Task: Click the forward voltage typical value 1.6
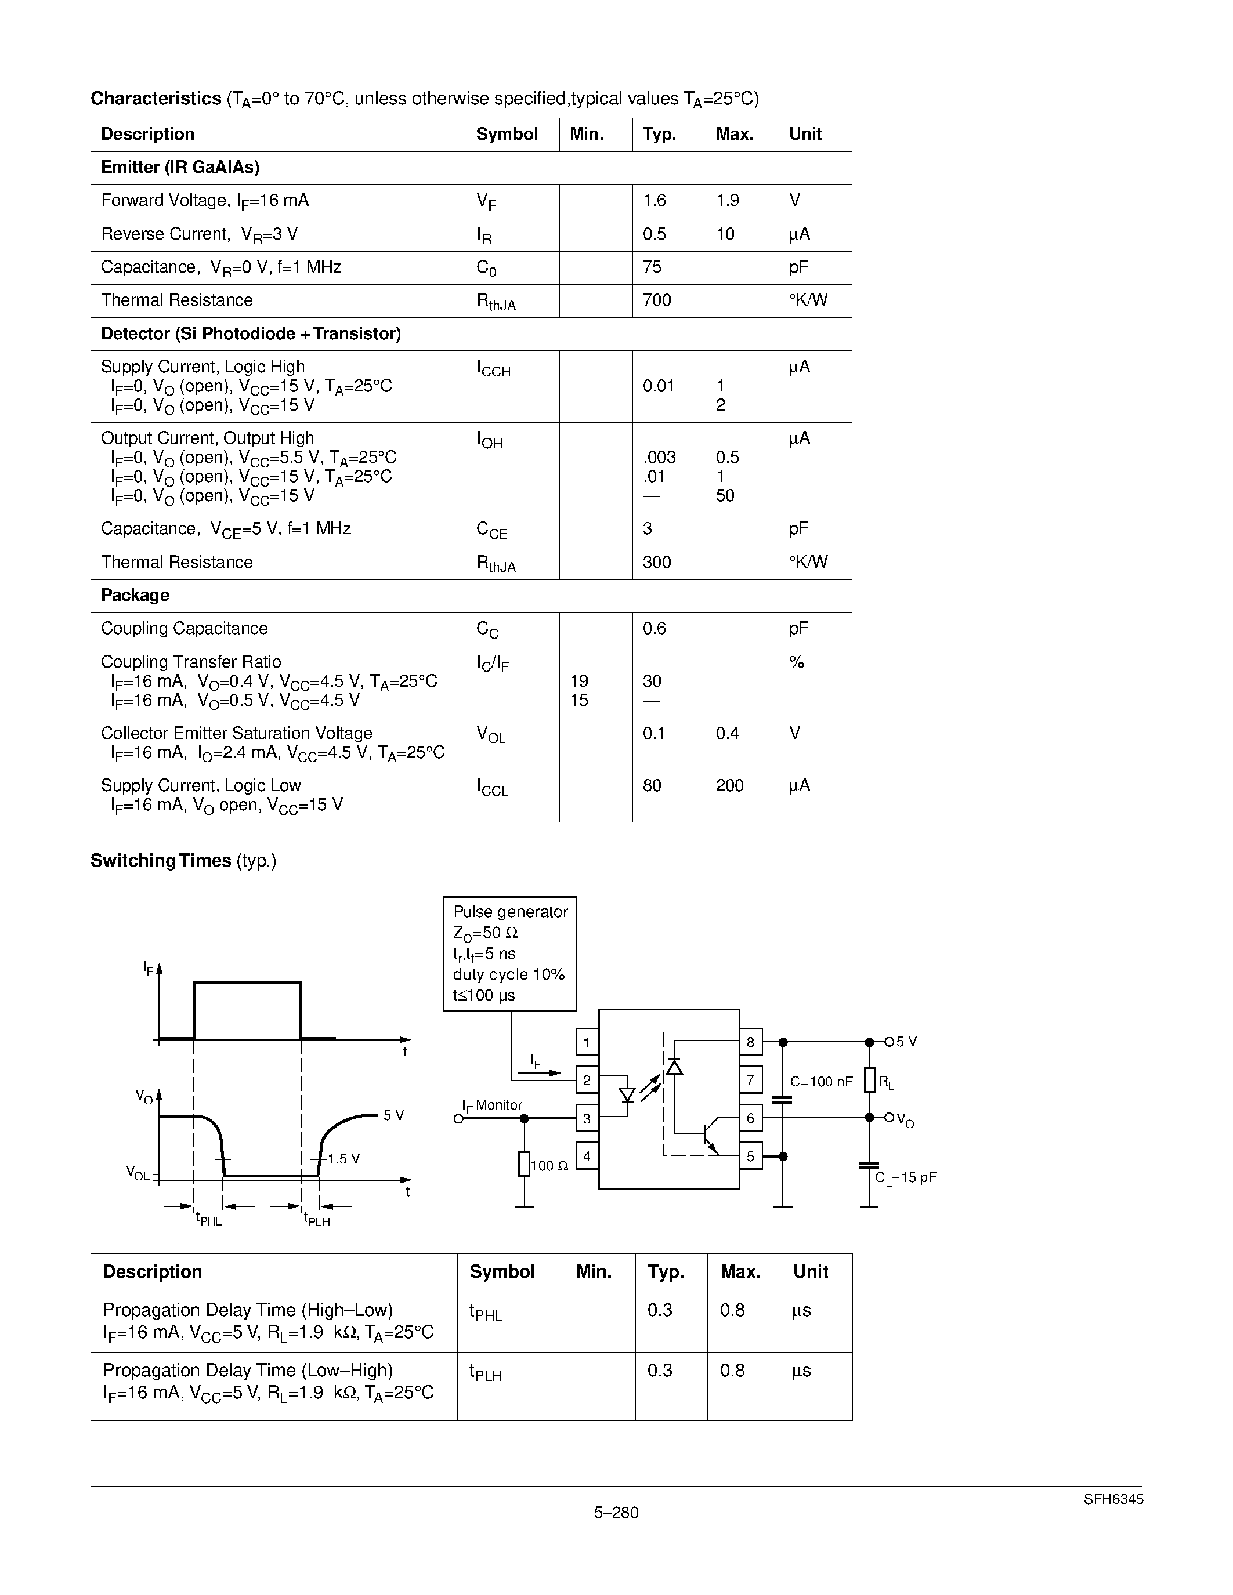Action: [654, 200]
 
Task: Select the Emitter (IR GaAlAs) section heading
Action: [180, 167]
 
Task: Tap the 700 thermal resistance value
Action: [657, 300]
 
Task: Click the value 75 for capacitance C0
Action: [652, 267]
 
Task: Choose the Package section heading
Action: [135, 595]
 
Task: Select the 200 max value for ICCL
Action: [729, 786]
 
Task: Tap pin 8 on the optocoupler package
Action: [750, 1042]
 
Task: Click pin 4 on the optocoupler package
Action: [587, 1156]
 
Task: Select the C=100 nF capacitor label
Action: [821, 1082]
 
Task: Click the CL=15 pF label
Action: [905, 1177]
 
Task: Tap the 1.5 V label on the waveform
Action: [343, 1159]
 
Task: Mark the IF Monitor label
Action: [491, 1105]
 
